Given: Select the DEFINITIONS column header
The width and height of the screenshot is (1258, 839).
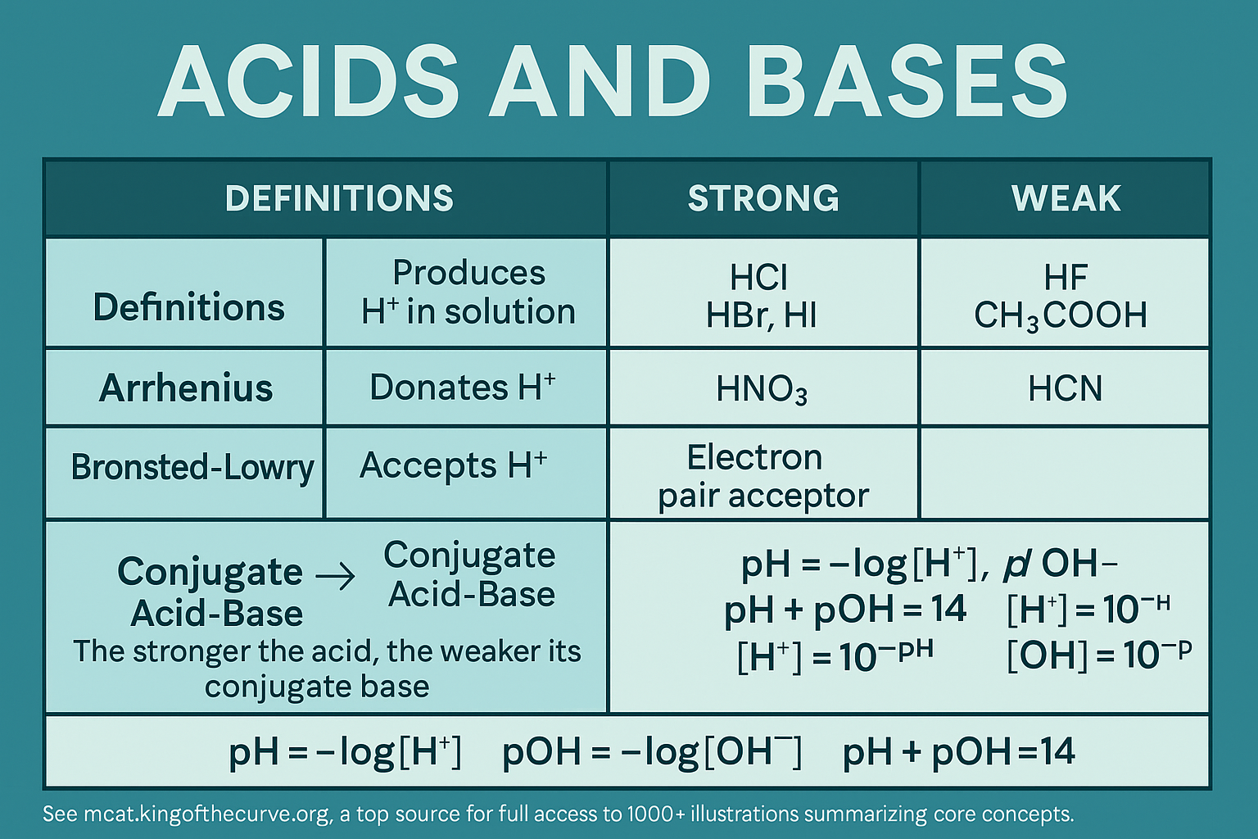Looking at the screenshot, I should tap(339, 199).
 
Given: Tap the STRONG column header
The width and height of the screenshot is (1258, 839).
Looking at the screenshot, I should tap(763, 199).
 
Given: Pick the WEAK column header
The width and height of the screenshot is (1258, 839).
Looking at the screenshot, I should tap(1066, 199).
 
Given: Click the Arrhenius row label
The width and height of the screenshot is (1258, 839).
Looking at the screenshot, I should tap(186, 388).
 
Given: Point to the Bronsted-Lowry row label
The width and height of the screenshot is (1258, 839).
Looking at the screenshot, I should tap(192, 468).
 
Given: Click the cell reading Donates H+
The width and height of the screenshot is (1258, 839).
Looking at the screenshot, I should tap(463, 388).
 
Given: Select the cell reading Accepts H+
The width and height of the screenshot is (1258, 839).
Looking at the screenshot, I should tap(454, 466).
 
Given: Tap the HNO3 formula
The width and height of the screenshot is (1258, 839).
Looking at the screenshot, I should tap(762, 389).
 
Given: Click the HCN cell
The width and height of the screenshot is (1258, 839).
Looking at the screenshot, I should tap(1066, 388).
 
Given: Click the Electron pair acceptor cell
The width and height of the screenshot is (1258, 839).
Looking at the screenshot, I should tap(762, 476).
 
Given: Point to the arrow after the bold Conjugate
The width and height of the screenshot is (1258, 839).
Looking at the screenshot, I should tap(336, 577).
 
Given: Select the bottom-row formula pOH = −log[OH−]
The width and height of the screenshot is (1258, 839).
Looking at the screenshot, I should tap(651, 752).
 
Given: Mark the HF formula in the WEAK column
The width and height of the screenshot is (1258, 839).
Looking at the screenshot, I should tap(1066, 279).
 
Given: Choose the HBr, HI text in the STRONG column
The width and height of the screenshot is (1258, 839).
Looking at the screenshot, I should tap(762, 315).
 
